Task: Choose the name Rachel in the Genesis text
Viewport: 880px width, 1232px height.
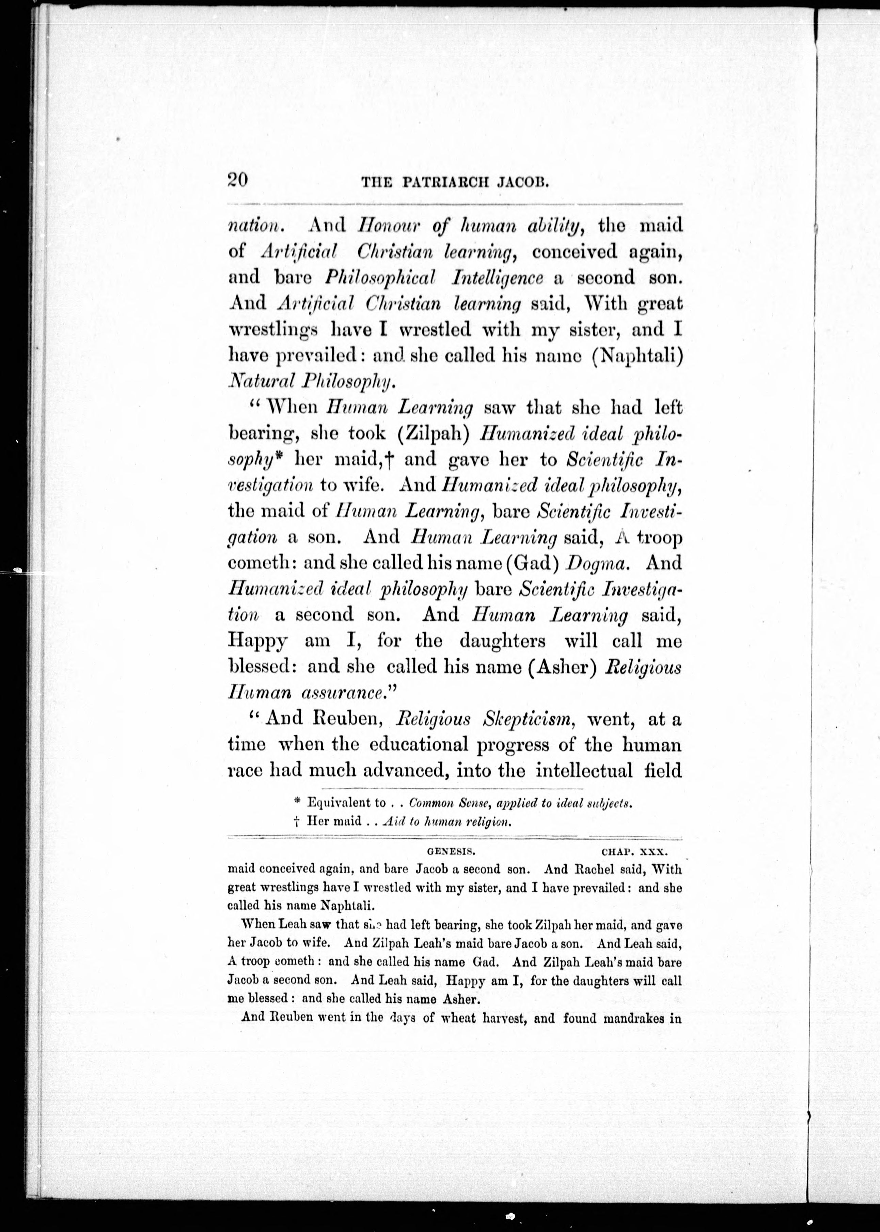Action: pos(592,869)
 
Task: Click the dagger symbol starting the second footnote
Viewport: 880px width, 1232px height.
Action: pos(296,821)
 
